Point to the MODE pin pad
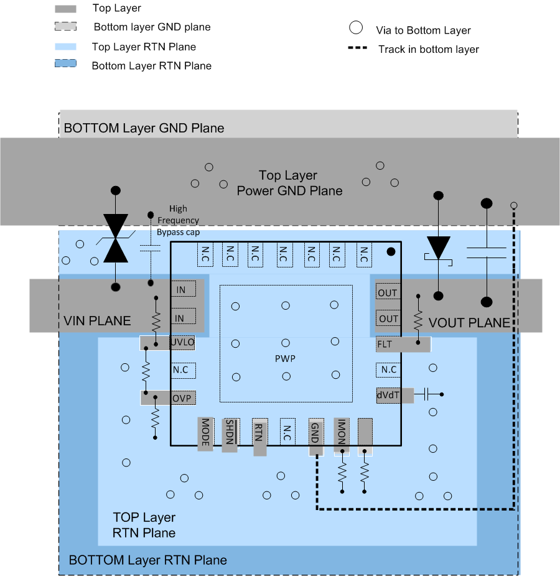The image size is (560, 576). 205,434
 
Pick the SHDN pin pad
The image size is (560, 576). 230,434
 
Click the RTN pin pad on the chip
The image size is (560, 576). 259,437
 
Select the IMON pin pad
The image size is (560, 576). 340,434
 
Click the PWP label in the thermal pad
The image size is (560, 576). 285,359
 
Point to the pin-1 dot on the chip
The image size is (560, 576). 391,252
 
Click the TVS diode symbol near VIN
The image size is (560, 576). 115,238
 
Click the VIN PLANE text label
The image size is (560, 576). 97,321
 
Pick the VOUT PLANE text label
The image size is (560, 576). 469,323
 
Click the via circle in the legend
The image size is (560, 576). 355,28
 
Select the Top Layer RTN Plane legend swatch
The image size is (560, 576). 65,47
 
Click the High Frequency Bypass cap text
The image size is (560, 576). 178,220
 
